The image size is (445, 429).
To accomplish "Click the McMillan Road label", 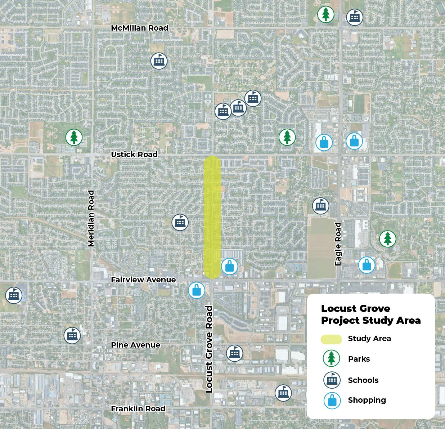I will [139, 28].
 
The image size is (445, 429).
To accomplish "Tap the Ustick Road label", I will [134, 154].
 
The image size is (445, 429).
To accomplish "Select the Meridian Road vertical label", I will [91, 219].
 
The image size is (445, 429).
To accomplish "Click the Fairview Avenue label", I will [143, 280].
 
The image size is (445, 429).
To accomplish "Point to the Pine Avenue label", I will [135, 345].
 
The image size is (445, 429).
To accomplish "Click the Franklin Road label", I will [138, 408].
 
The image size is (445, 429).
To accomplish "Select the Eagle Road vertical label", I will [338, 244].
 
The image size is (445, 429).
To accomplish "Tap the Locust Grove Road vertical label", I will [209, 349].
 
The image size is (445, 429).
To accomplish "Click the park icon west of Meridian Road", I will [74, 137].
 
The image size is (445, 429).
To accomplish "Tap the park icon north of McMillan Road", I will [326, 14].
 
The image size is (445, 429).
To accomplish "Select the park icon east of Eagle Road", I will [387, 238].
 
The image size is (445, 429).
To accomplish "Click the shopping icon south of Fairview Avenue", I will [197, 290].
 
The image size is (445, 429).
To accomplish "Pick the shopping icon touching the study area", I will [230, 267].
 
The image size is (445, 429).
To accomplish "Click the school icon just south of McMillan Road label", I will [159, 61].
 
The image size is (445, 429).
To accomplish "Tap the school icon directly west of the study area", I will [180, 223].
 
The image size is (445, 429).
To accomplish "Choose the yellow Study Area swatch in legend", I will [331, 339].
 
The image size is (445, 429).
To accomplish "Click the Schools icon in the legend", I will [332, 380].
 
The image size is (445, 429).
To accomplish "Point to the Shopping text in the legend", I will [367, 400].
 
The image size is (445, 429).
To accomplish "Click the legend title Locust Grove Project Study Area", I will [370, 314].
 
